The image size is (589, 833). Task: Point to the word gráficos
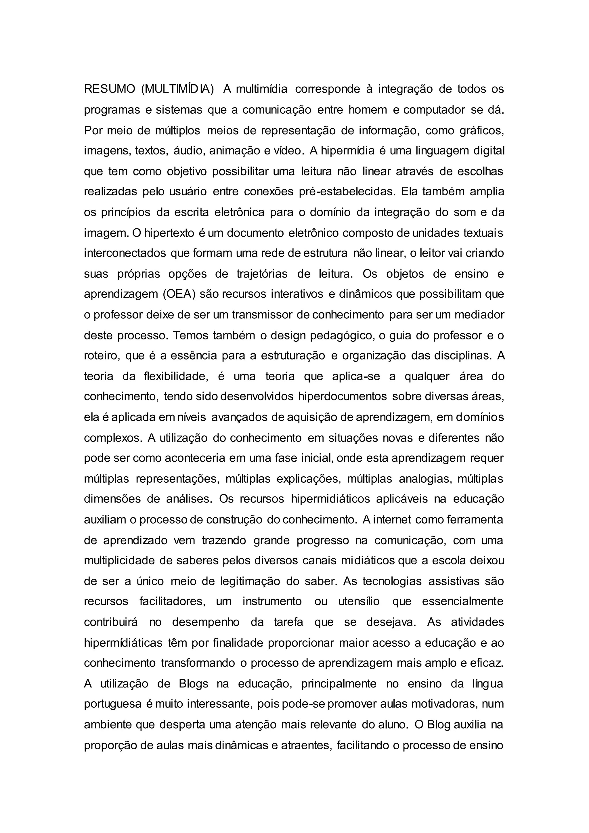[x=482, y=130]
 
